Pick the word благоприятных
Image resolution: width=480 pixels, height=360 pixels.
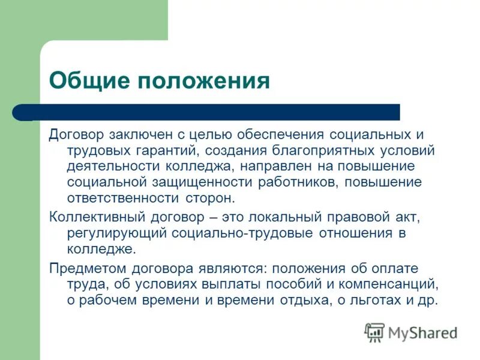[x=321, y=150]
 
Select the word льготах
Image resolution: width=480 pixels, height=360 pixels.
[x=377, y=301]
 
